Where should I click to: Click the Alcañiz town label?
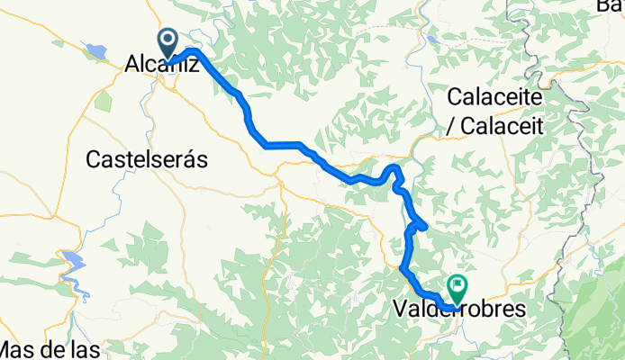(161, 64)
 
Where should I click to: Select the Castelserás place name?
(147, 159)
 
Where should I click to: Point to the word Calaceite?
(495, 97)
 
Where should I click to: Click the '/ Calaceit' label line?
(497, 126)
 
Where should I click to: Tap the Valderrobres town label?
(459, 309)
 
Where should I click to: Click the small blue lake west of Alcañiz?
(95, 49)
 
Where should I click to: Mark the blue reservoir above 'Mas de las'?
(73, 265)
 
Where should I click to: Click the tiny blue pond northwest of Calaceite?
(433, 40)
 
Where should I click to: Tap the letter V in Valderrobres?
(400, 309)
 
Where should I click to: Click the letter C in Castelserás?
(93, 159)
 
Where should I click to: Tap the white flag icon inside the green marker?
(457, 286)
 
